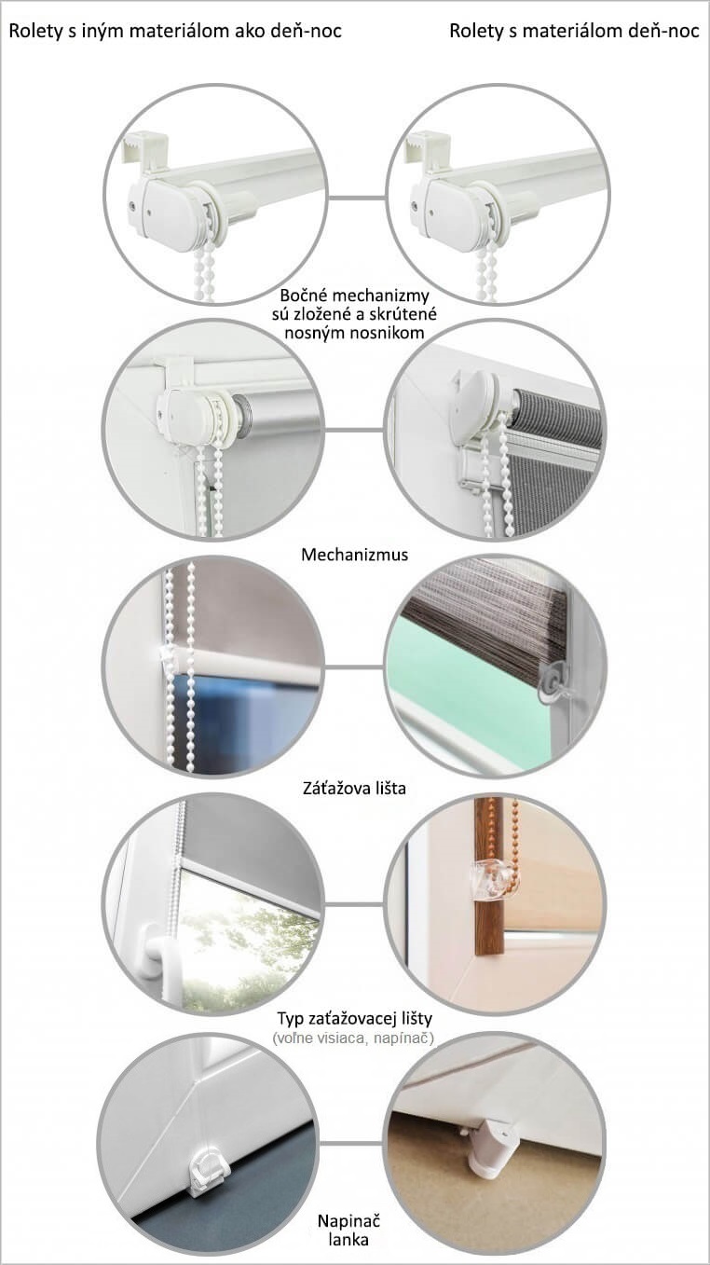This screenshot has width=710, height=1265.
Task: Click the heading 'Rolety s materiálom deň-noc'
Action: tap(574, 31)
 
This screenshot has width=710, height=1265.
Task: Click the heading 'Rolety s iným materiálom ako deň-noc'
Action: tap(175, 31)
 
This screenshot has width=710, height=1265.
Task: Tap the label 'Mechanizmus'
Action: tap(354, 555)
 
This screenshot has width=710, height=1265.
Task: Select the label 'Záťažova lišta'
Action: tap(354, 788)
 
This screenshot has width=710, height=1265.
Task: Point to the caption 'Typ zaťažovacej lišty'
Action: tap(354, 1018)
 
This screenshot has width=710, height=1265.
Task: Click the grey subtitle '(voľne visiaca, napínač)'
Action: tap(354, 1038)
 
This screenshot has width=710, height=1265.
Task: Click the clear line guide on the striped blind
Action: tap(550, 682)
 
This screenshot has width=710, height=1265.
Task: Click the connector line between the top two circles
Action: tap(357, 198)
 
